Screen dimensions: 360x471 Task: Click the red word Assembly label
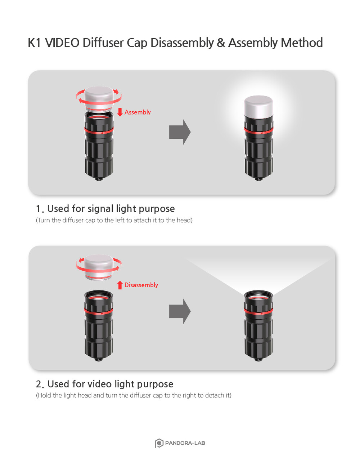click(138, 112)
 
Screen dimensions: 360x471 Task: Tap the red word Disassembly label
click(141, 285)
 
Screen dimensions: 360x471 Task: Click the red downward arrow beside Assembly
click(120, 112)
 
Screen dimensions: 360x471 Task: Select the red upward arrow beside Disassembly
click(120, 285)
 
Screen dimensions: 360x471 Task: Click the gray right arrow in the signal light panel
click(180, 132)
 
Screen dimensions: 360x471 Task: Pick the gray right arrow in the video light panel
click(180, 311)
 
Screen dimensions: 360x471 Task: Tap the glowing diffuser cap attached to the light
click(258, 107)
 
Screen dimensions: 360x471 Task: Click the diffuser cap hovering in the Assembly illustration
click(99, 98)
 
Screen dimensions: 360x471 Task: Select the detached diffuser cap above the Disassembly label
click(99, 267)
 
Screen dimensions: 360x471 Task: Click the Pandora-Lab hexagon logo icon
click(159, 443)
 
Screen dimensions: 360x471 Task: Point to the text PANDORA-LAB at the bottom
click(185, 443)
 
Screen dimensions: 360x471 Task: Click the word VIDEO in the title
click(62, 43)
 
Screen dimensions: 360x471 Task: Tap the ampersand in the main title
click(221, 43)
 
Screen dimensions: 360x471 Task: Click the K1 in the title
click(34, 43)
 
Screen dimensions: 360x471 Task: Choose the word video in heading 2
click(100, 384)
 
